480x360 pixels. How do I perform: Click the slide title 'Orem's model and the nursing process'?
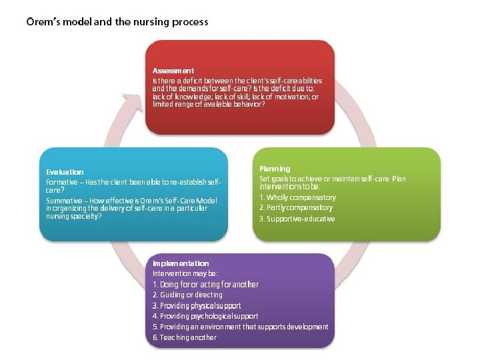[117, 22]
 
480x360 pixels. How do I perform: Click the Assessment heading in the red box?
[173, 71]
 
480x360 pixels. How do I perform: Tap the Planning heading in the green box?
[275, 169]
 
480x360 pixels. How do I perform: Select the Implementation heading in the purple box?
[181, 263]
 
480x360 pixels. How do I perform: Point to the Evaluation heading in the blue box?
[65, 172]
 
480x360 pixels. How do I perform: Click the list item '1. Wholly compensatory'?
[297, 197]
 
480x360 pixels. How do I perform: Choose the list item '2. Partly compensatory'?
[296, 208]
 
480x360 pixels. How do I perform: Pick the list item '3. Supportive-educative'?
[297, 219]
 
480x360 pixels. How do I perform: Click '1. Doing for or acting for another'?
[205, 285]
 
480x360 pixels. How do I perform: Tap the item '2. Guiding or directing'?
[187, 295]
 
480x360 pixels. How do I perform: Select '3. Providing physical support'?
[197, 305]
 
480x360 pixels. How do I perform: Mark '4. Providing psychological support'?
[205, 316]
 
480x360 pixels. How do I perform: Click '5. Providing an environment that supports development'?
[240, 327]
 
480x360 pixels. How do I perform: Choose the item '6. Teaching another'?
[185, 337]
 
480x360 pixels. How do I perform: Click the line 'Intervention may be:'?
[185, 273]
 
